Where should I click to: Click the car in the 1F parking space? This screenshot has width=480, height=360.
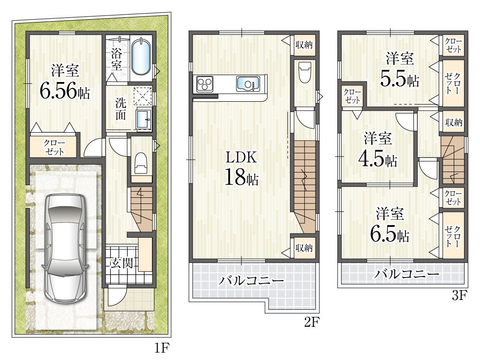[x=65, y=248]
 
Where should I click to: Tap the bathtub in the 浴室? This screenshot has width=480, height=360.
[x=141, y=57]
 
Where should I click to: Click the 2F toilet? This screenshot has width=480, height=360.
[x=305, y=72]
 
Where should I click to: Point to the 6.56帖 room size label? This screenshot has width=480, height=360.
[x=65, y=91]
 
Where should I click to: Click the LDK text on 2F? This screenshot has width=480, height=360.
[x=241, y=157]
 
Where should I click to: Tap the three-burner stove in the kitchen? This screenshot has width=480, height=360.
[x=204, y=83]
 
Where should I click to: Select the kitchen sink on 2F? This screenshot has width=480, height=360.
[x=247, y=83]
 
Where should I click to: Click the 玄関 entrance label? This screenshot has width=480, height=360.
[x=121, y=262]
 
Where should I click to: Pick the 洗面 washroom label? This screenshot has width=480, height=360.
[x=120, y=108]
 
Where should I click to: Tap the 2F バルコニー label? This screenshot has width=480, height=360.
[x=251, y=280]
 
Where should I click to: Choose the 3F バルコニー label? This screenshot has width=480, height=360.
[x=406, y=273]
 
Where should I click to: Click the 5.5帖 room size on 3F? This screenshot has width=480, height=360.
[x=399, y=79]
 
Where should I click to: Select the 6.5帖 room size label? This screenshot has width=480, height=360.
[x=390, y=235]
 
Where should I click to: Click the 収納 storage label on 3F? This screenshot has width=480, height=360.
[x=453, y=122]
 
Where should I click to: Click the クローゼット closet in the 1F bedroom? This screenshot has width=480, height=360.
[x=54, y=147]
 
